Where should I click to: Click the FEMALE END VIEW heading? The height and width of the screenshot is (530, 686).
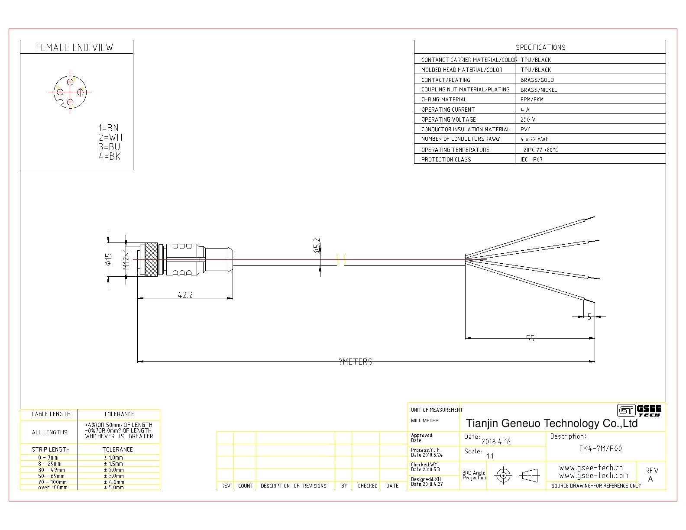(x=74, y=48)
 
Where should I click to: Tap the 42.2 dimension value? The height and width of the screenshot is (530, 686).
(x=185, y=295)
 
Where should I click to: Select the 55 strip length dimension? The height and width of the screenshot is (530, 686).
(x=530, y=339)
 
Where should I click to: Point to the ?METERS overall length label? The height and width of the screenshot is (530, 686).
(x=356, y=362)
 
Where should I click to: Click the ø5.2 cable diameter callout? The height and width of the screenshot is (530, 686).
(x=317, y=246)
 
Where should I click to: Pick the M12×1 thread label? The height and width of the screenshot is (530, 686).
(x=126, y=259)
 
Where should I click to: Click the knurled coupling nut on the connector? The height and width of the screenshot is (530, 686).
(x=151, y=259)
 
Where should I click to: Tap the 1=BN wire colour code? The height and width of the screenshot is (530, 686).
(x=108, y=128)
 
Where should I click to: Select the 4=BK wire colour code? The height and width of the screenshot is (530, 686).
(x=109, y=157)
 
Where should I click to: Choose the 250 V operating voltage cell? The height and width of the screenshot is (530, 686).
(x=528, y=120)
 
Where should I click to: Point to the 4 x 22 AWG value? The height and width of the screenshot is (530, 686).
(x=534, y=139)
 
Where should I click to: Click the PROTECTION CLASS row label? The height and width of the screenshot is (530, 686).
(x=446, y=159)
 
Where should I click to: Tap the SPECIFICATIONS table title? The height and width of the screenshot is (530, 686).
(x=540, y=47)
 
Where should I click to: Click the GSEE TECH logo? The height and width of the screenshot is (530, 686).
(x=639, y=410)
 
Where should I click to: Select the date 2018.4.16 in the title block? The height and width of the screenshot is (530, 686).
(x=496, y=442)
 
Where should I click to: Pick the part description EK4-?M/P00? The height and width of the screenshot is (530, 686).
(x=600, y=449)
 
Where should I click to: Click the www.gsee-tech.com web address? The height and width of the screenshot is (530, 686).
(x=593, y=475)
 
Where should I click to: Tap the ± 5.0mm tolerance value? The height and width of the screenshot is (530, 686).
(x=113, y=488)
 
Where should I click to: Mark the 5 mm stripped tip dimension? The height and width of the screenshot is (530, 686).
(x=589, y=317)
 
